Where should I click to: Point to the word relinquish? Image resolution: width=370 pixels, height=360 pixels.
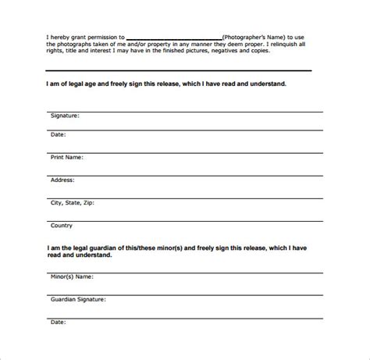point(293,45)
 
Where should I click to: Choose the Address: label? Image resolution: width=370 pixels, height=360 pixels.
point(65,180)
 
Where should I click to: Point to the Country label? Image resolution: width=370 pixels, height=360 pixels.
point(62,225)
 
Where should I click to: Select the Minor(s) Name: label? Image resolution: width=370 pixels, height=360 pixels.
point(73,276)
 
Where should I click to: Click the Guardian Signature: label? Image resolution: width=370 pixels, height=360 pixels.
point(80,298)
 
